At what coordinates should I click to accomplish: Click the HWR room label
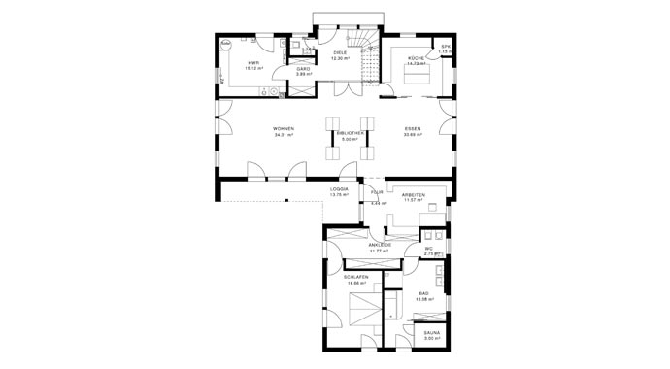coord(252,62)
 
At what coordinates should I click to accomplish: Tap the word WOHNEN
coord(284,129)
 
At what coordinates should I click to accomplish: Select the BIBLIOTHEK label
coord(349,133)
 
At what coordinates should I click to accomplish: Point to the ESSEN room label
coord(414,129)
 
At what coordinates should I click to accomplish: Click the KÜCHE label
coord(416,58)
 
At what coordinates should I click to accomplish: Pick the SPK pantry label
coord(446,46)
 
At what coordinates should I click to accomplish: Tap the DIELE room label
coord(340,52)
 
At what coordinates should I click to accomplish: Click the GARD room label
coord(303,69)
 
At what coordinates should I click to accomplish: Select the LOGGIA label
coord(339,189)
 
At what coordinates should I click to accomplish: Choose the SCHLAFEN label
coord(355,277)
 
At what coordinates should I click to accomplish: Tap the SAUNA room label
coord(432,332)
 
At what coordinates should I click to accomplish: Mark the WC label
coord(427,249)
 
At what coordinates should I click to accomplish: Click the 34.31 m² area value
coord(284,135)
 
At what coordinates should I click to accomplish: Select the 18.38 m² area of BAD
coord(423,298)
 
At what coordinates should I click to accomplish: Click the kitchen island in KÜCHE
coord(416,78)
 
